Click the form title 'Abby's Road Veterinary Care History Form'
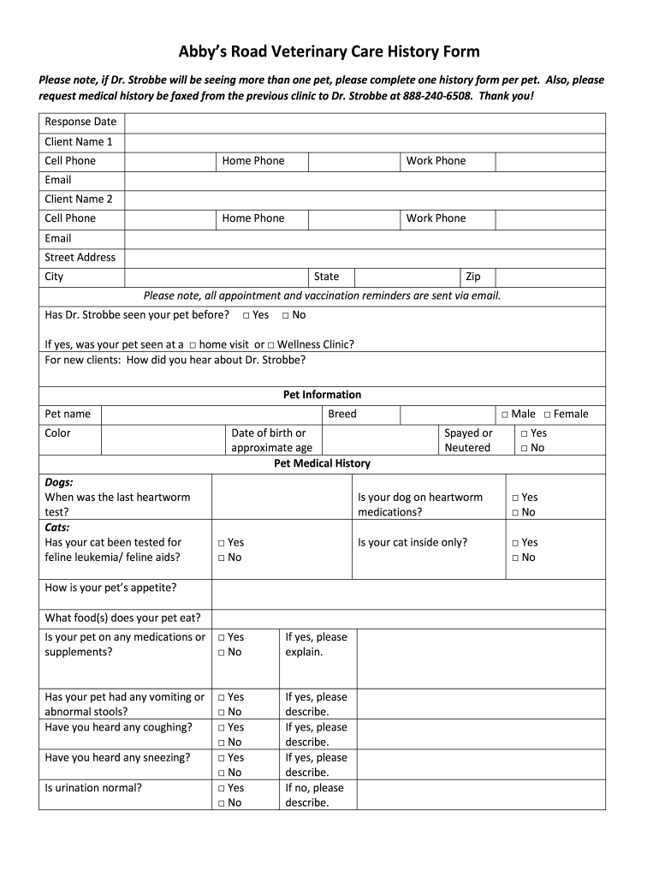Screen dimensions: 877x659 329,51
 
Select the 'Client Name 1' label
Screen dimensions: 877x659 79,141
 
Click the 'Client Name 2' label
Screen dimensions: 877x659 79,199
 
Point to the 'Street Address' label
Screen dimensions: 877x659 80,257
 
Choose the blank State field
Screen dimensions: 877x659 407,277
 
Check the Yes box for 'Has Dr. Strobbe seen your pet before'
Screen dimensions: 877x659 246,315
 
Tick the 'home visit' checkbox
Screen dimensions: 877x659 193,345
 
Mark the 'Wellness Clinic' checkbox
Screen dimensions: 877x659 271,345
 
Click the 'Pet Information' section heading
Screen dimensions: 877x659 322,395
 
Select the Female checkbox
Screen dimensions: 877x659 547,415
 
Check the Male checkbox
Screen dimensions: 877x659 505,415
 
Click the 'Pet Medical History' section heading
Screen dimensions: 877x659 322,463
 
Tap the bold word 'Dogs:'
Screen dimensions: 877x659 59,482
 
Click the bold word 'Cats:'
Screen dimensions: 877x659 57,528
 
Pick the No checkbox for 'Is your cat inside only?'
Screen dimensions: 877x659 515,558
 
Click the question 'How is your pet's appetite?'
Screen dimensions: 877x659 110,588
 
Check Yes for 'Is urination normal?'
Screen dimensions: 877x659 221,788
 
